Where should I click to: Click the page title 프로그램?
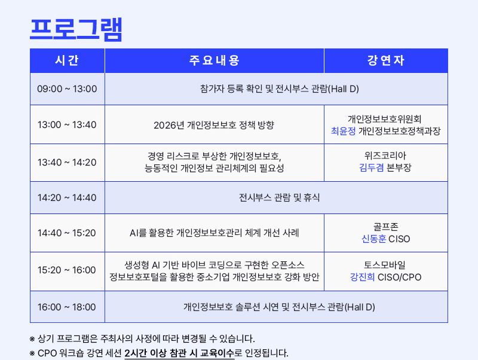pyautogui.click(x=76, y=29)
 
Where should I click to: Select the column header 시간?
pyautogui.click(x=67, y=60)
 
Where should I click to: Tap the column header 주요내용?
pyautogui.click(x=215, y=60)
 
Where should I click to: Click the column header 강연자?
pyautogui.click(x=385, y=60)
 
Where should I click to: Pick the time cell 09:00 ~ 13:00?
pyautogui.click(x=67, y=89)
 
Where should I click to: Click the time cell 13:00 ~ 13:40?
pyautogui.click(x=67, y=125)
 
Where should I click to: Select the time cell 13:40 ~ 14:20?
pyautogui.click(x=67, y=162)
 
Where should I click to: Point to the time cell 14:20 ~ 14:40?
pyautogui.click(x=67, y=198)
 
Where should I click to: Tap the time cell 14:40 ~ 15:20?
pyautogui.click(x=67, y=233)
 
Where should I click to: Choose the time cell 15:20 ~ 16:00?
pyautogui.click(x=67, y=270)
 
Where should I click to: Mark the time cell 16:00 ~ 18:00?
pyautogui.click(x=67, y=307)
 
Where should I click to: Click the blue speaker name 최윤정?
pyautogui.click(x=343, y=131)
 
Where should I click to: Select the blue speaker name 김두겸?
pyautogui.click(x=371, y=167)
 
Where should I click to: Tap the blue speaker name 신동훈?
pyautogui.click(x=374, y=239)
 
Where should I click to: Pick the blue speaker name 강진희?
pyautogui.click(x=362, y=277)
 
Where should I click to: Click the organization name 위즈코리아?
pyautogui.click(x=385, y=155)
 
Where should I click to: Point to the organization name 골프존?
pyautogui.click(x=385, y=227)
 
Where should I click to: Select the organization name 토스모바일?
pyautogui.click(x=385, y=265)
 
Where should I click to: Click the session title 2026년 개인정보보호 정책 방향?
pyautogui.click(x=214, y=125)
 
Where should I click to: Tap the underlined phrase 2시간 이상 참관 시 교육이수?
pyautogui.click(x=179, y=353)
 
